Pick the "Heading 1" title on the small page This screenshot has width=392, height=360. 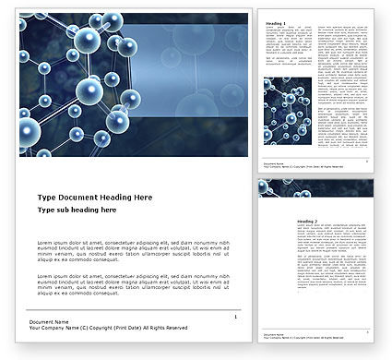276,23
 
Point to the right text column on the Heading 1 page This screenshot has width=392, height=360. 347,83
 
